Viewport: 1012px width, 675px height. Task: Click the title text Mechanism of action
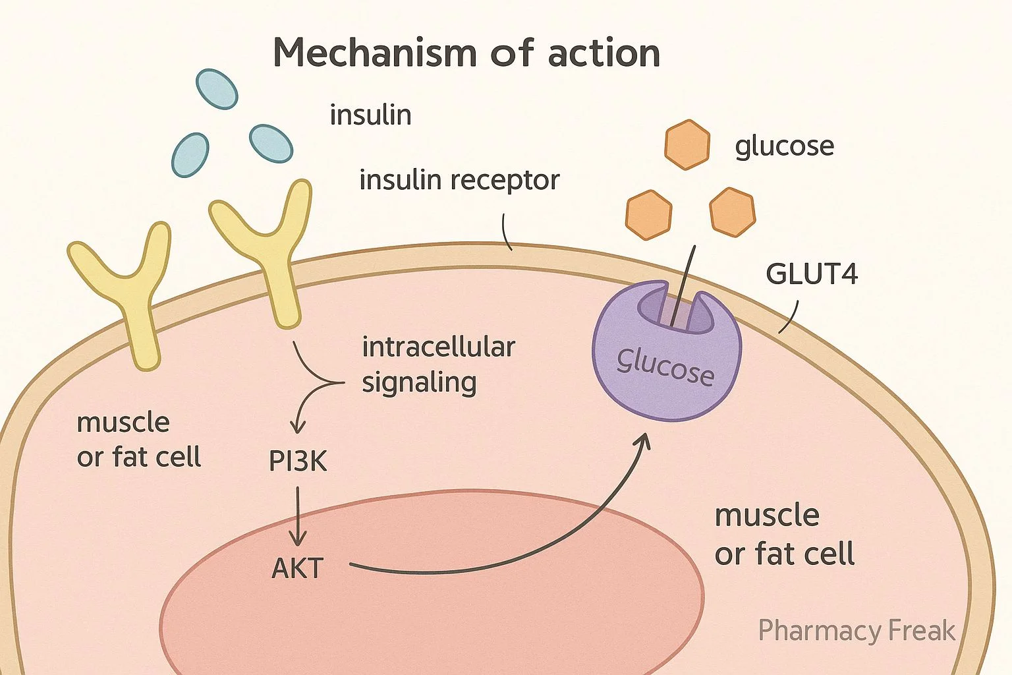(466, 53)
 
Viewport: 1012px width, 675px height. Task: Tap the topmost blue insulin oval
(217, 89)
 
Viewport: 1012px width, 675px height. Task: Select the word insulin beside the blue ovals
(370, 115)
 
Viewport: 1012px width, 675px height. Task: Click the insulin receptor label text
(459, 180)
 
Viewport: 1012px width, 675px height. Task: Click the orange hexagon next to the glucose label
(687, 144)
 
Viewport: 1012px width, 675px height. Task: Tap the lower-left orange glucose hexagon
(648, 214)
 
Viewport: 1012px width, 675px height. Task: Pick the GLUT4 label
(812, 274)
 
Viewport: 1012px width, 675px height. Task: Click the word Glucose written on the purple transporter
(665, 367)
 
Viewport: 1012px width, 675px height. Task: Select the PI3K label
(298, 461)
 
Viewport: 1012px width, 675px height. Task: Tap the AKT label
(298, 568)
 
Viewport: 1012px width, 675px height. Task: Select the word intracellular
(438, 347)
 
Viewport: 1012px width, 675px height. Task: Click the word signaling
(419, 383)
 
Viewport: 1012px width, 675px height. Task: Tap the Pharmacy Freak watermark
(857, 631)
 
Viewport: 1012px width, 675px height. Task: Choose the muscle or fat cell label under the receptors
(138, 440)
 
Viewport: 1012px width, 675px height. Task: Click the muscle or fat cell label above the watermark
(784, 535)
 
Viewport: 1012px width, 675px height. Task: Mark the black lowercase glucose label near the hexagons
(784, 146)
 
